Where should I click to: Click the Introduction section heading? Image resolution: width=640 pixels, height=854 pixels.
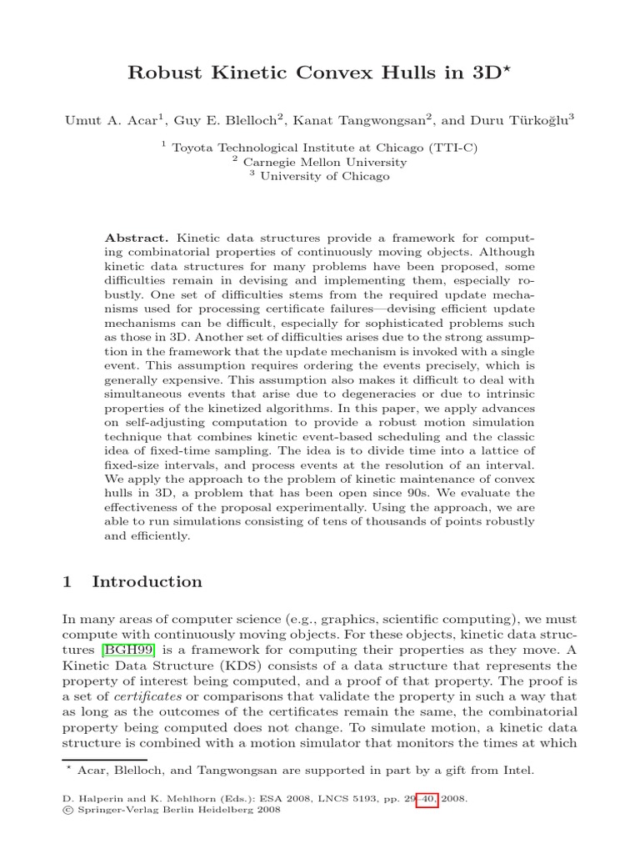coord(147,581)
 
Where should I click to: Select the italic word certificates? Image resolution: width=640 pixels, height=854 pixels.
coord(147,696)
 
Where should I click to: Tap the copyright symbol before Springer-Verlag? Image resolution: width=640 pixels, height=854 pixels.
coord(67,809)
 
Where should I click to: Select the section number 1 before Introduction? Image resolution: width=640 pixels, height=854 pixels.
coord(67,581)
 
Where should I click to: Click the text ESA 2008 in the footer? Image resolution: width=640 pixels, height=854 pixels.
coord(264,798)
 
